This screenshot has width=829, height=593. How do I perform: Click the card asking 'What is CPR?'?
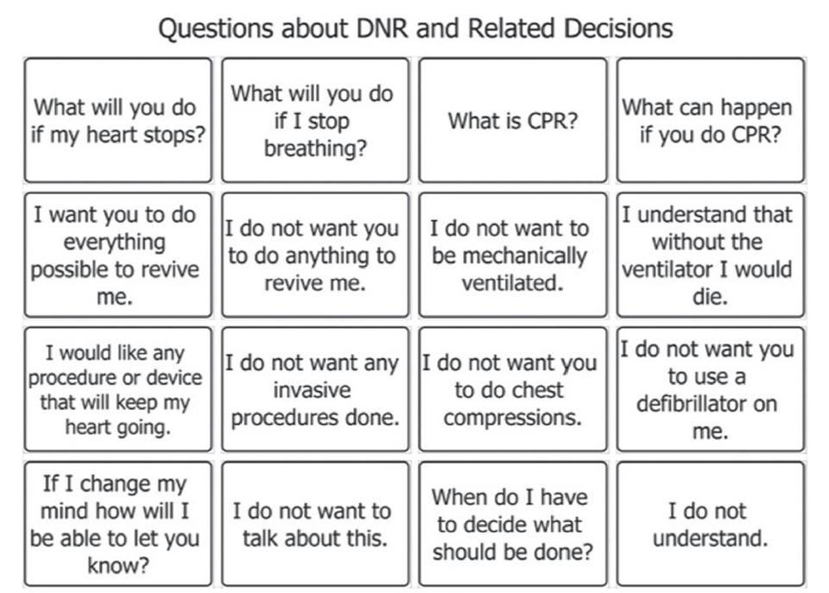coord(512,121)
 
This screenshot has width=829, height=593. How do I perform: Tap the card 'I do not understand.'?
coord(710,524)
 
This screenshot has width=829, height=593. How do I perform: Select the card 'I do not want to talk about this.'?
coord(315,524)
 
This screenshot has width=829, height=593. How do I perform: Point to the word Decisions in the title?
coord(618,28)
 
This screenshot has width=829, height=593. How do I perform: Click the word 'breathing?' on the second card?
coord(315,148)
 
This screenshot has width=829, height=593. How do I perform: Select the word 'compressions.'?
coord(512,418)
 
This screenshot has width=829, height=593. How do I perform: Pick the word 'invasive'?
coord(312,390)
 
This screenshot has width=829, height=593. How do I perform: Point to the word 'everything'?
coord(115,243)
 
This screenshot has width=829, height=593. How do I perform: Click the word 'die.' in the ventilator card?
coord(710,297)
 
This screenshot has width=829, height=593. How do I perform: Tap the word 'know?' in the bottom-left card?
coord(117,565)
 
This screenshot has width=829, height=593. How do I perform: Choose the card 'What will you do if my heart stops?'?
coord(118,121)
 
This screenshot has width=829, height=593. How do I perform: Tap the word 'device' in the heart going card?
coord(174,377)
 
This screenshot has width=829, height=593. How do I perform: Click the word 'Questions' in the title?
coord(216,28)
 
